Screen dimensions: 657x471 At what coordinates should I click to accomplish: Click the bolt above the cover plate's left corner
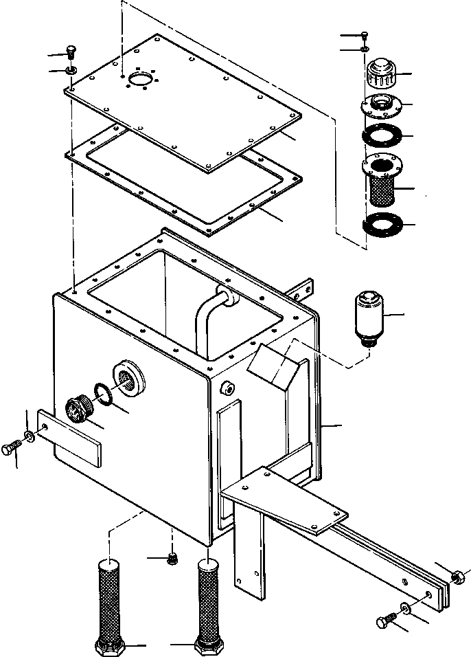click(71, 52)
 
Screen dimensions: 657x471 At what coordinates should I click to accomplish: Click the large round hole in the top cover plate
click(141, 80)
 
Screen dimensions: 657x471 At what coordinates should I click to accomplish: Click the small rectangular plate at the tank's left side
click(69, 439)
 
